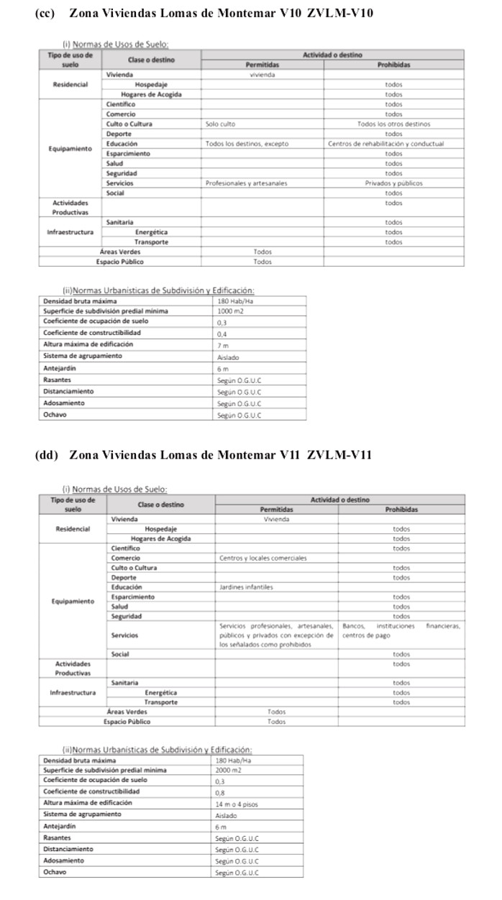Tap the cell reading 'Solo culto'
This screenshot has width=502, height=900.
tap(220, 124)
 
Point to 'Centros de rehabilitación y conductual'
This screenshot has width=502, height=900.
tap(386, 144)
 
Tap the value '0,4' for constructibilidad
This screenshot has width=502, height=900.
tap(222, 334)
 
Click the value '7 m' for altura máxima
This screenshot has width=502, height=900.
tap(222, 346)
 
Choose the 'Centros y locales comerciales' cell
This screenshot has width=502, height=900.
tap(263, 558)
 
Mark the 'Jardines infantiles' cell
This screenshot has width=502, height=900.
tap(246, 587)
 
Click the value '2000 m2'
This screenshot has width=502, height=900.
tap(229, 770)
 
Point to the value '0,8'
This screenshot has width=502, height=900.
tap(220, 793)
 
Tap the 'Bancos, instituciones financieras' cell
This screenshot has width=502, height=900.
tap(401, 630)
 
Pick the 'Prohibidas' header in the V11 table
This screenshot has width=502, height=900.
tap(401, 510)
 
